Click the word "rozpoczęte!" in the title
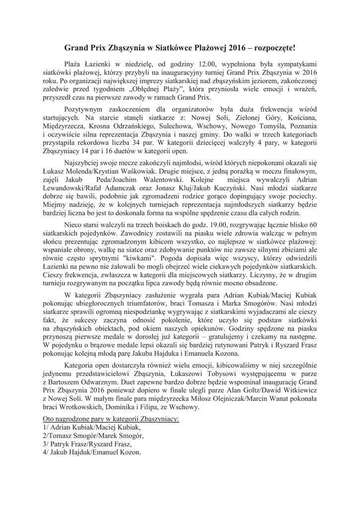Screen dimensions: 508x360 [x=271, y=48]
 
